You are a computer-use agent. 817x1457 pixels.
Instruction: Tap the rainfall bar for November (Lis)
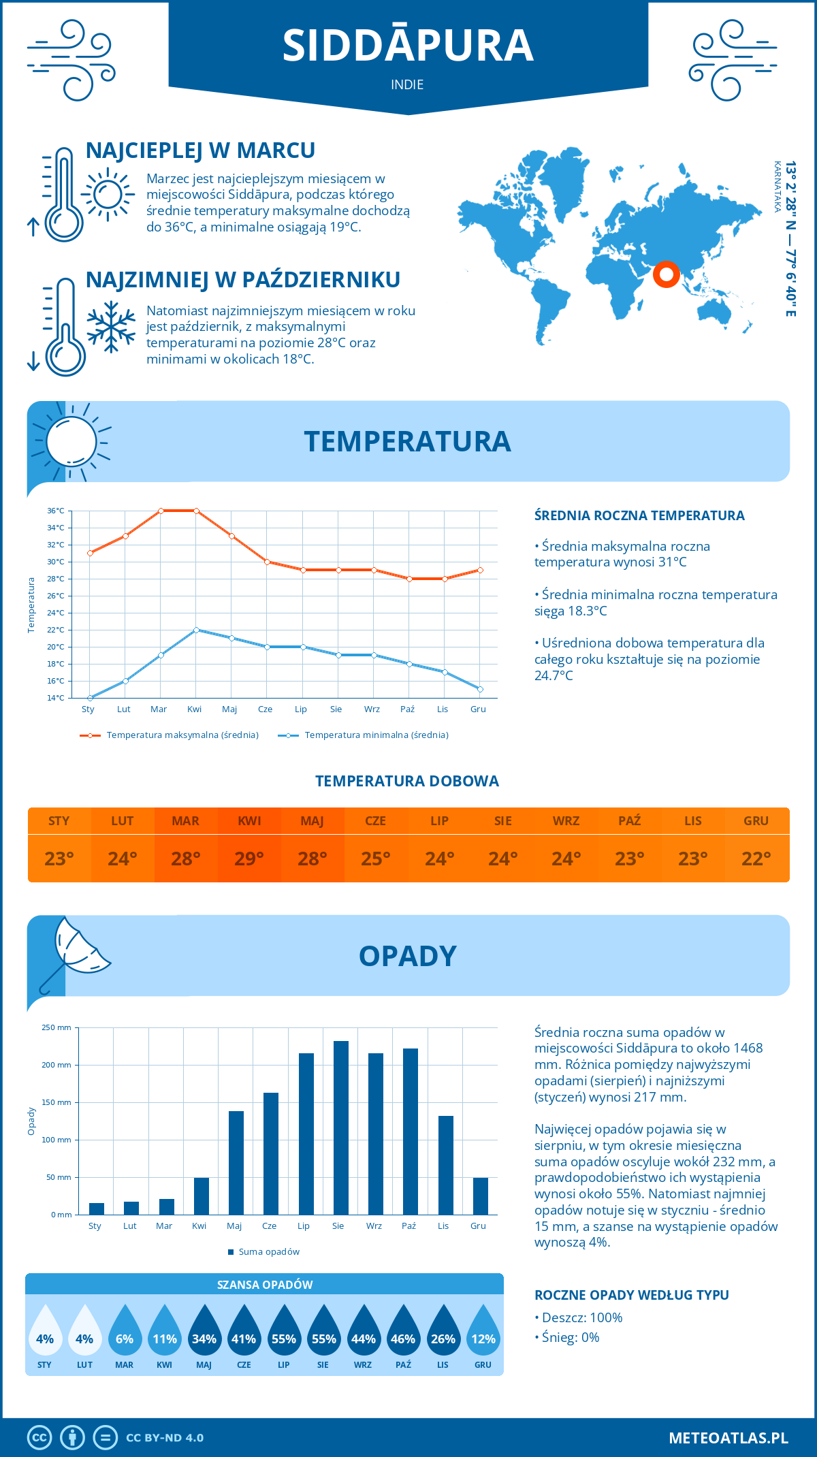[446, 1165]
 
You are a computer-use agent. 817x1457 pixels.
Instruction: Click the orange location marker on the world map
[666, 274]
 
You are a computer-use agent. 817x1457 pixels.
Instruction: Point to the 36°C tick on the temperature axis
[56, 511]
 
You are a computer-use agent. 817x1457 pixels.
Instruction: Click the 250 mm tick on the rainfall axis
[57, 1027]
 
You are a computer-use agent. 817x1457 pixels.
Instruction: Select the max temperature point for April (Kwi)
[196, 511]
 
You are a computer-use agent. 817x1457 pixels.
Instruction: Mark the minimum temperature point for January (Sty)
[90, 698]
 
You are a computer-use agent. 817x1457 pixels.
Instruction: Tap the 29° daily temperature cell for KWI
[249, 859]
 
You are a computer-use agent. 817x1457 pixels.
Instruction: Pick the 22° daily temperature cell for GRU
[756, 859]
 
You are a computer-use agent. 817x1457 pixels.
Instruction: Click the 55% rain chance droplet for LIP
[284, 1334]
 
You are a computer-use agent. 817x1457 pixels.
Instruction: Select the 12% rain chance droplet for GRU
[483, 1334]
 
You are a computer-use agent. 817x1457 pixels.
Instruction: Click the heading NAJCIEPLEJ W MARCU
[200, 150]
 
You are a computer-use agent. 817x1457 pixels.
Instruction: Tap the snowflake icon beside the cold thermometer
[111, 327]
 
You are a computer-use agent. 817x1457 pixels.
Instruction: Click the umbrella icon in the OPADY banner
[76, 950]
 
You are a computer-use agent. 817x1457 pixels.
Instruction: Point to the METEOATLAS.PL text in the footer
[728, 1438]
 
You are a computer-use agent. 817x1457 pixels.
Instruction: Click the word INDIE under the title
[407, 85]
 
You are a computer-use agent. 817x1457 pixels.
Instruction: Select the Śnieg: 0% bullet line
[567, 1337]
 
